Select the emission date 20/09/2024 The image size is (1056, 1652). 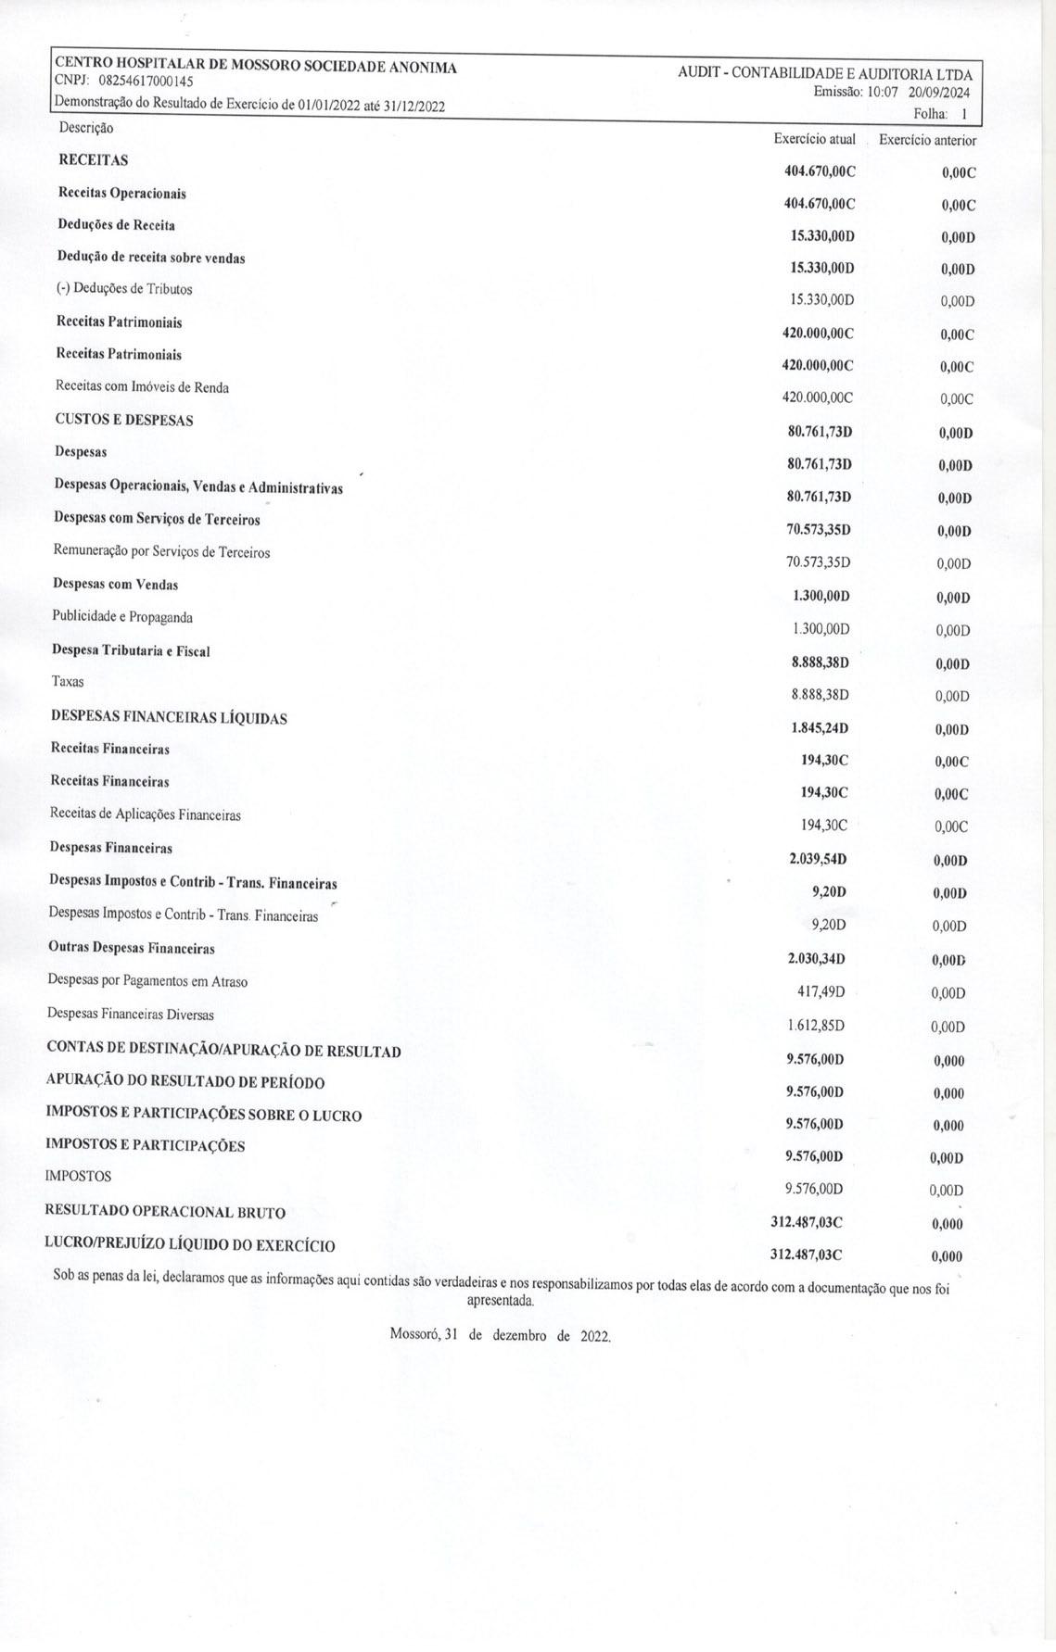pos(939,93)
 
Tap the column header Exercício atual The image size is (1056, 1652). pos(814,139)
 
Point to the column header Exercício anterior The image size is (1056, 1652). pos(927,141)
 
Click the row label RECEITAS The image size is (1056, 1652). pos(93,160)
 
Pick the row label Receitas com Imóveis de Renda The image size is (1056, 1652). pos(142,386)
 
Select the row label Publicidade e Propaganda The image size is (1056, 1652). pos(122,617)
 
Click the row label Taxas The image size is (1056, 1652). pos(68,682)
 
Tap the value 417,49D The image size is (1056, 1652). pos(821,992)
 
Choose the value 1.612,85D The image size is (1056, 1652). pos(816,1026)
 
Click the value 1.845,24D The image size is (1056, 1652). pos(820,728)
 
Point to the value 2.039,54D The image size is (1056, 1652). pos(818,860)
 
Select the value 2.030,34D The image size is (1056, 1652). pos(817,959)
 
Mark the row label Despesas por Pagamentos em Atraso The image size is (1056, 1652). pos(147,981)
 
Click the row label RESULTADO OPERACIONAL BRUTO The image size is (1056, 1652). pos(165,1212)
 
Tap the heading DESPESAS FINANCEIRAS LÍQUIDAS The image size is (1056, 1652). pos(169,717)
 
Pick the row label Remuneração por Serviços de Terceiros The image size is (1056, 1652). pos(162,552)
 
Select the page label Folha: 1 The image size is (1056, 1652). pos(940,114)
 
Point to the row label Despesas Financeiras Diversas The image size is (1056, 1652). pos(131,1015)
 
